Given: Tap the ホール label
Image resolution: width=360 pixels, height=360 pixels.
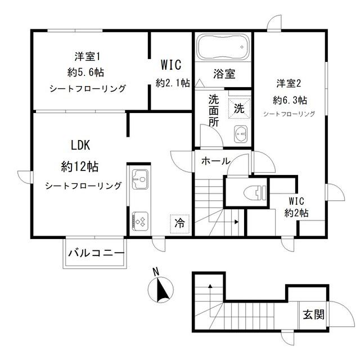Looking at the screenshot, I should click(x=214, y=161).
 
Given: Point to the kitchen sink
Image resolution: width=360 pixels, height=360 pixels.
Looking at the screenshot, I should click(x=139, y=180).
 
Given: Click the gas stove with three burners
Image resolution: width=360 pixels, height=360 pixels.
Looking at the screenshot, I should click(x=139, y=220).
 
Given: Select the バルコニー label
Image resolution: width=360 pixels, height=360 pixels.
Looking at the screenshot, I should click(x=96, y=253).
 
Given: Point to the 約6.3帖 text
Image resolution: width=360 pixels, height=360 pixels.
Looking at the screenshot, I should click(x=290, y=100).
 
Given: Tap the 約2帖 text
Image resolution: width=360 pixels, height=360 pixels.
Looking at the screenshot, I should click(x=296, y=213).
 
